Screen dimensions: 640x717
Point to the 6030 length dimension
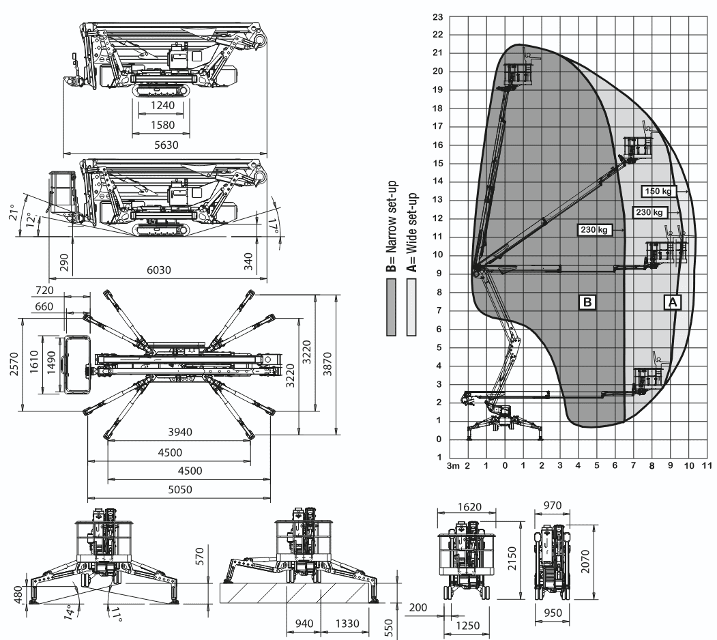[160, 270]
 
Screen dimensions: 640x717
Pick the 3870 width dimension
[347, 365]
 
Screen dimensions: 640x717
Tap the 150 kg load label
[656, 192]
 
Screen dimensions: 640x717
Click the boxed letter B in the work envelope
[586, 301]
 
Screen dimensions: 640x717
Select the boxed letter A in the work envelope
[673, 301]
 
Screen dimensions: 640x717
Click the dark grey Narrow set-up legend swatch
[392, 308]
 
